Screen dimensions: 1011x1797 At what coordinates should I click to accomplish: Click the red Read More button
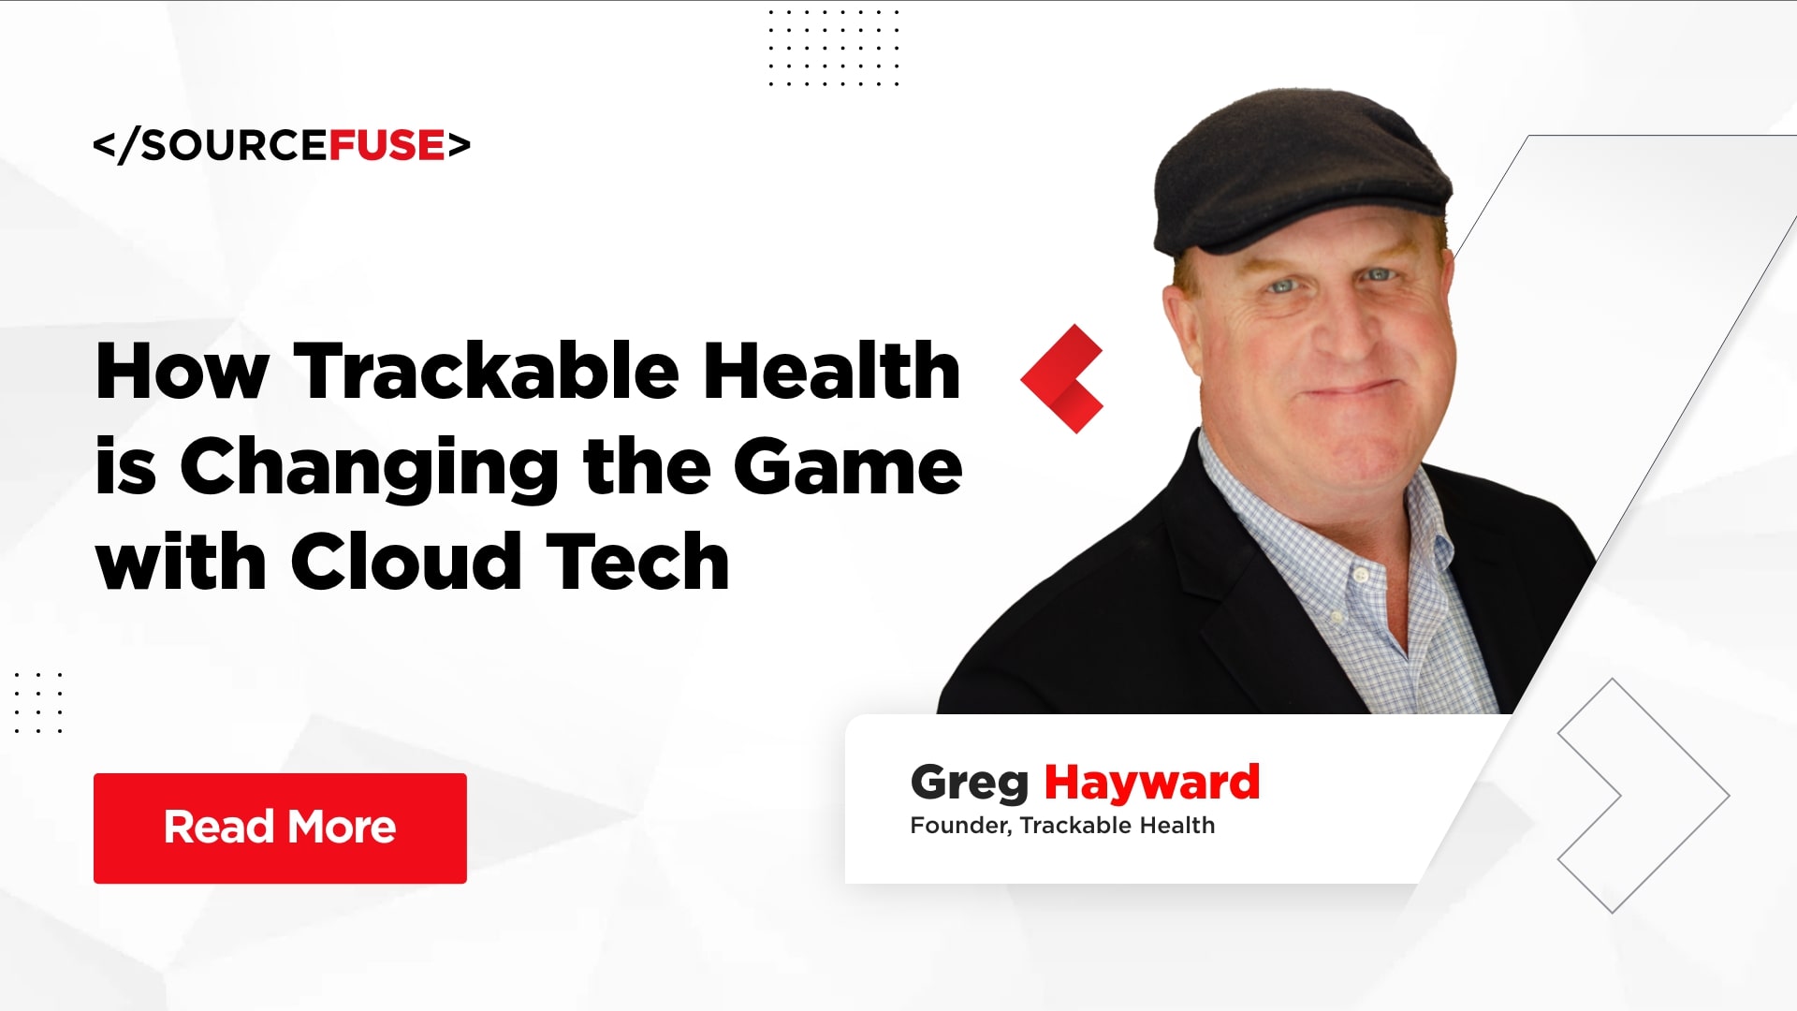click(x=280, y=828)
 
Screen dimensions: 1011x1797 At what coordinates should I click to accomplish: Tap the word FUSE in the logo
click(x=387, y=145)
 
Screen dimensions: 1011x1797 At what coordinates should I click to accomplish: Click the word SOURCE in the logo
click(x=233, y=145)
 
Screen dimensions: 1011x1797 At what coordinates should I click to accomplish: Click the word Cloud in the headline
click(x=406, y=562)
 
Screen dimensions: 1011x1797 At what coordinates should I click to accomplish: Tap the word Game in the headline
click(x=847, y=466)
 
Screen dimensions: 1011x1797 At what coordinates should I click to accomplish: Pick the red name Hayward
click(x=1151, y=782)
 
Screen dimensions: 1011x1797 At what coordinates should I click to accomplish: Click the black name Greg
click(x=969, y=784)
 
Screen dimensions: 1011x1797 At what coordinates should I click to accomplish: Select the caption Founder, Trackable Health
click(x=1062, y=826)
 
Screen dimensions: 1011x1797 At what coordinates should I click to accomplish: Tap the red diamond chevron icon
click(x=1063, y=378)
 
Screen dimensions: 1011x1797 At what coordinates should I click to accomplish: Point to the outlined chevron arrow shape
click(x=1643, y=796)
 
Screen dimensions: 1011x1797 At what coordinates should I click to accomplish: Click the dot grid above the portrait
click(x=833, y=48)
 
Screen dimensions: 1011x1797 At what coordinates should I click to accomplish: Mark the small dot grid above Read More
click(x=38, y=702)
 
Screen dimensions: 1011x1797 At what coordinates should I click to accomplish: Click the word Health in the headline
click(x=832, y=372)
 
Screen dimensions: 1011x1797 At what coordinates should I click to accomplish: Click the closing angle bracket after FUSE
click(x=459, y=145)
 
